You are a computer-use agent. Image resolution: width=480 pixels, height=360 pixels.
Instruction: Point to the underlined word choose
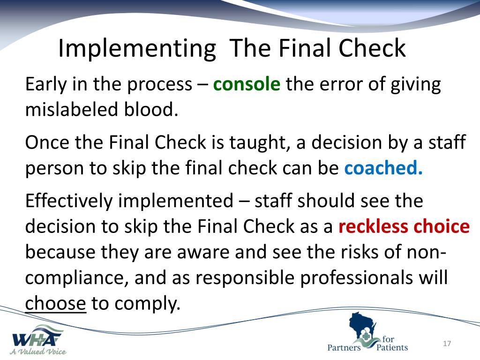click(x=56, y=304)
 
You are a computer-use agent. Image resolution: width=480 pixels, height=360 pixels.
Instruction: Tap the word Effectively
click(x=69, y=201)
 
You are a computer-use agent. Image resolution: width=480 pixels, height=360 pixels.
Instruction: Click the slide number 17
click(x=446, y=345)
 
